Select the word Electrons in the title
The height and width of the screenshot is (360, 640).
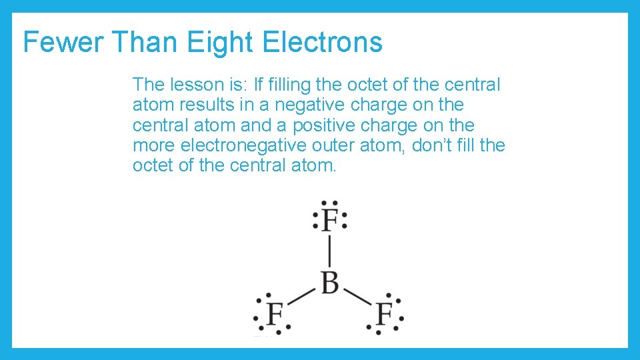tap(323, 42)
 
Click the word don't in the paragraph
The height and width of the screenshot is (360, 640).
tap(433, 145)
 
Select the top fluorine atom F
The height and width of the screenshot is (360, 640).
tap(329, 219)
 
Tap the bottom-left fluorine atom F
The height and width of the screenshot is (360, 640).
tap(275, 313)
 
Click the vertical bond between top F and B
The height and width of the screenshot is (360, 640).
tap(329, 251)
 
